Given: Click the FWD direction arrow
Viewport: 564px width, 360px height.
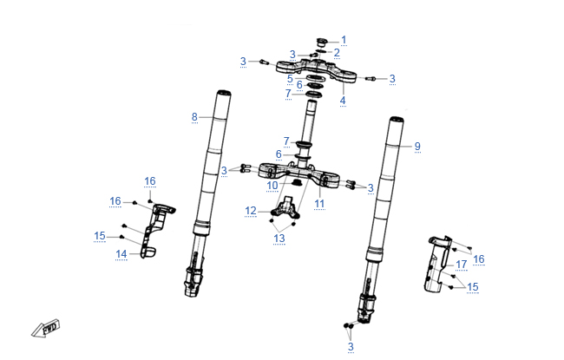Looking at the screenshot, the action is [45, 329].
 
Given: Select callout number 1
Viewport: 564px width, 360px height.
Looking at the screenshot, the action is [344, 40].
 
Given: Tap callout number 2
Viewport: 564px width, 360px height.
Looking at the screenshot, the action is [337, 53].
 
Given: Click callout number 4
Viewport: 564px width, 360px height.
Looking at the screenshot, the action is [343, 101].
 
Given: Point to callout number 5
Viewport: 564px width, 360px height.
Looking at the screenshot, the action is [290, 79].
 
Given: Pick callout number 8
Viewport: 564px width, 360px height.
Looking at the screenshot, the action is [194, 117].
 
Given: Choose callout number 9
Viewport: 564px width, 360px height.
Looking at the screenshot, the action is [417, 147].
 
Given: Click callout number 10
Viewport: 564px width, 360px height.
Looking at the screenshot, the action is [272, 186].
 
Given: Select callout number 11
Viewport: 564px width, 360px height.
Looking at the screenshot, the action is [319, 204].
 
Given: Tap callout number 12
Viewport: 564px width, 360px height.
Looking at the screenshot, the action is [251, 211].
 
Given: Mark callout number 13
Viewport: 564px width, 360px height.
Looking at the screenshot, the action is [279, 239].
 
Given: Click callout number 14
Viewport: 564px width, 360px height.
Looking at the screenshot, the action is [121, 254].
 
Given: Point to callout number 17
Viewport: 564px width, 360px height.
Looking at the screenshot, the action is [461, 265].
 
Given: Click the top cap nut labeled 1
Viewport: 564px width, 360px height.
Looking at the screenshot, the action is [322, 43].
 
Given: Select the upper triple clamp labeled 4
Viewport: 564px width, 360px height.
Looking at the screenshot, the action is [316, 71].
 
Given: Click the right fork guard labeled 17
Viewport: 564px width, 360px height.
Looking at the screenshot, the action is [437, 264].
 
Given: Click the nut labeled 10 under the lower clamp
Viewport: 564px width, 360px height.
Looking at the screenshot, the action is [297, 183].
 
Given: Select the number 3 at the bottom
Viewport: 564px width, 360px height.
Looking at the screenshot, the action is [351, 347].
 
